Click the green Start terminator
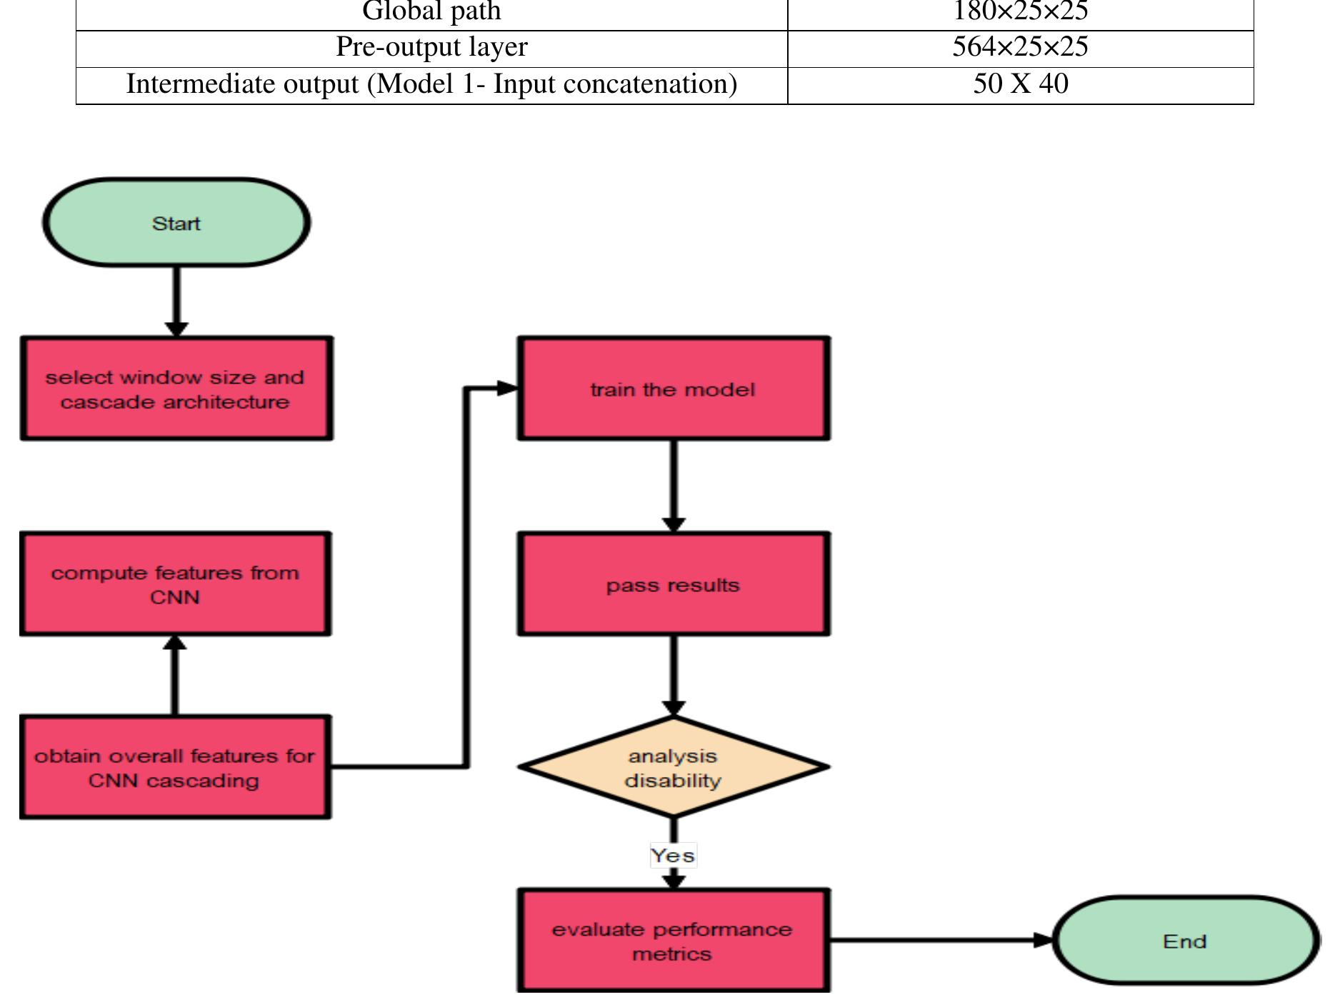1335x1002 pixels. click(176, 223)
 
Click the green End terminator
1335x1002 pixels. click(1185, 941)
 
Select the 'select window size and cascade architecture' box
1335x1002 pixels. click(176, 389)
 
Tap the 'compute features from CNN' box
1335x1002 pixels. click(175, 584)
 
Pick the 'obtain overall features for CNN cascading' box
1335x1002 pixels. click(175, 767)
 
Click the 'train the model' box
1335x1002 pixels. click(673, 389)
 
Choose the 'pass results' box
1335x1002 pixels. click(673, 584)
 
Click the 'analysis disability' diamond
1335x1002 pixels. click(673, 767)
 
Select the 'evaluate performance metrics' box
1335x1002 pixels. click(673, 941)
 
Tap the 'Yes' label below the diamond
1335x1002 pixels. click(673, 855)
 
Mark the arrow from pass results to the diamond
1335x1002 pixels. click(673, 675)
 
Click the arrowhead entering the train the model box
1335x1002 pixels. click(507, 389)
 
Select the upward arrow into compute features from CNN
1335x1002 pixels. click(175, 675)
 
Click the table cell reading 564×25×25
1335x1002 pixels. click(1020, 47)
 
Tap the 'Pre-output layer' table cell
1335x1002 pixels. click(431, 47)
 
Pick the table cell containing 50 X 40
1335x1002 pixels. click(1020, 84)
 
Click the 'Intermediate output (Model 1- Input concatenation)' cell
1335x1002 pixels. click(431, 84)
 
